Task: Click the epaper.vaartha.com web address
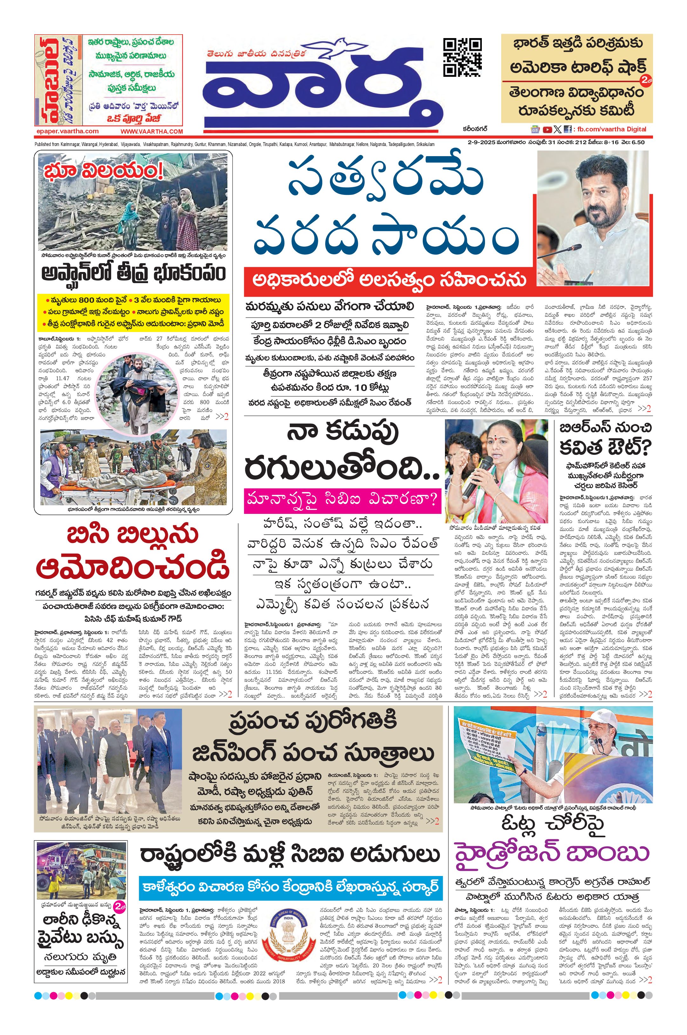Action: coord(67,131)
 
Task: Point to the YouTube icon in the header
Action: coord(547,129)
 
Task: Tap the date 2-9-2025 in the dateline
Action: coord(482,142)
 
